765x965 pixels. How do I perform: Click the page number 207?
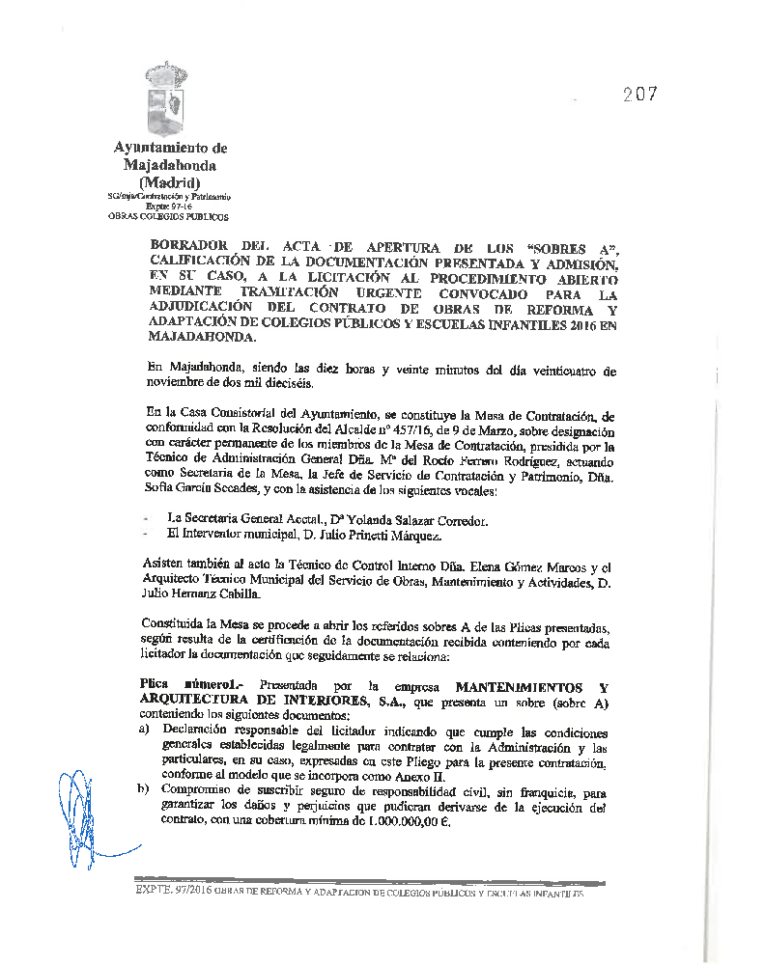639,94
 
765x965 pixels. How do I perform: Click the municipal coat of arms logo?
167,99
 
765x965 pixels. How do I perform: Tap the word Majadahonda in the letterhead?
170,165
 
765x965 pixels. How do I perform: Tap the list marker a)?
146,731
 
